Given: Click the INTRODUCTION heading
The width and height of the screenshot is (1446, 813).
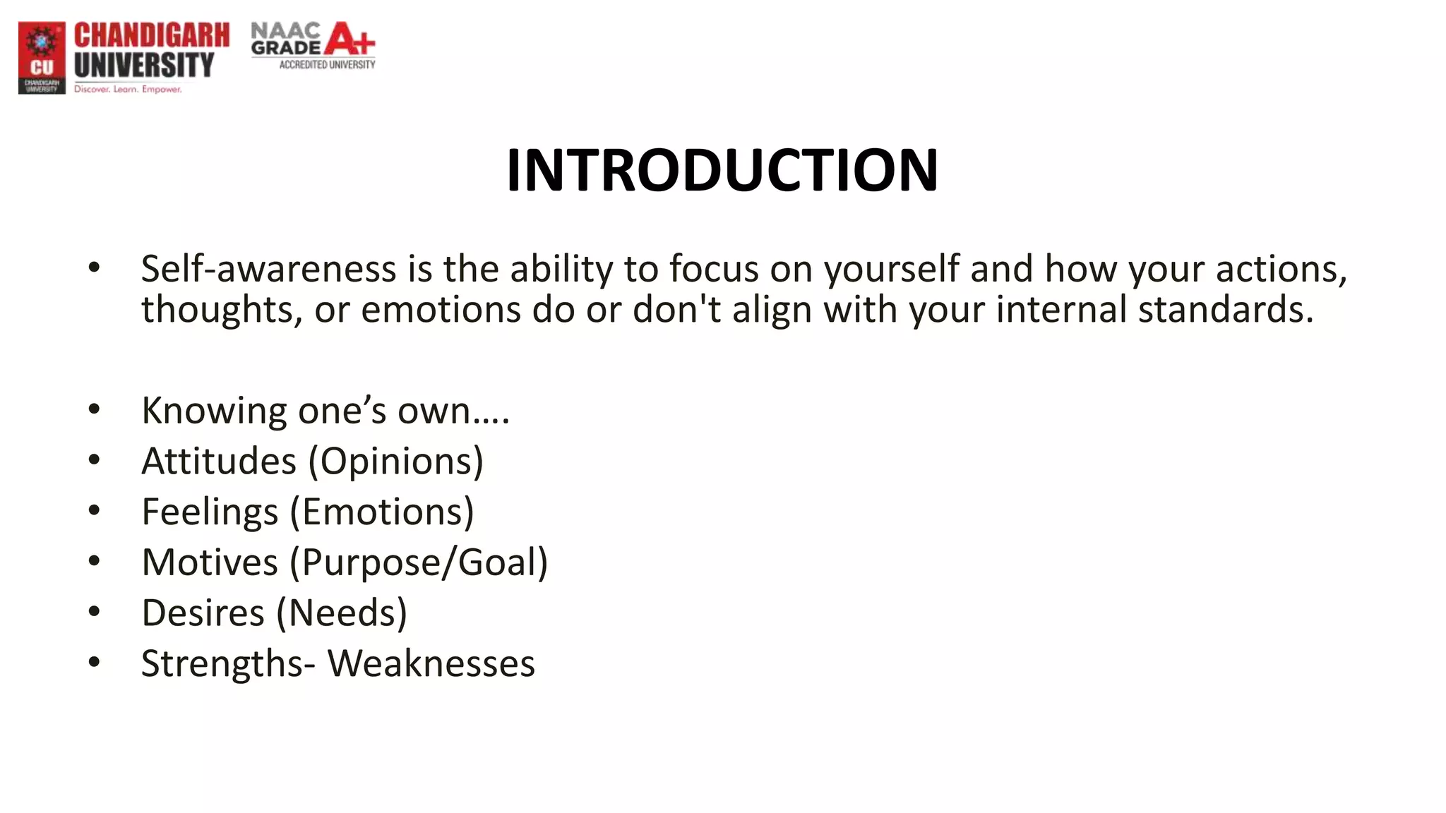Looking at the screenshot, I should click(722, 170).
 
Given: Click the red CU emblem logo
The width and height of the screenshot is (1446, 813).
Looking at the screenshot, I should click(42, 57).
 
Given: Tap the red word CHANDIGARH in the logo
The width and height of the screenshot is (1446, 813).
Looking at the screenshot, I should click(152, 35).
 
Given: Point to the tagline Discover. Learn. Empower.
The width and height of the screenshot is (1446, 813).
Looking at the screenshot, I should click(128, 90).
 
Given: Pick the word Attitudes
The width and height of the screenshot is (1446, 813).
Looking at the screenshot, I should click(219, 462).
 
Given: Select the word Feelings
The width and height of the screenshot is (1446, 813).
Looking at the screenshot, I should click(210, 512).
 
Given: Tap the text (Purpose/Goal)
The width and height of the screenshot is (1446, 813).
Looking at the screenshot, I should click(419, 562).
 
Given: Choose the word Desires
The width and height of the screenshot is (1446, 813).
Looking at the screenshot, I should click(203, 613).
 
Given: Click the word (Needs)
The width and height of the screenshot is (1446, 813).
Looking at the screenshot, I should click(342, 613).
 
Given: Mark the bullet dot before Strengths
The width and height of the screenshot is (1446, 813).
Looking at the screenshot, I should click(95, 663).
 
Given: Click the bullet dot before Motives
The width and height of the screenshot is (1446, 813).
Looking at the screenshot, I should click(95, 562).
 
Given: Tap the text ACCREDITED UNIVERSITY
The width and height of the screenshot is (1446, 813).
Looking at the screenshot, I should click(327, 65).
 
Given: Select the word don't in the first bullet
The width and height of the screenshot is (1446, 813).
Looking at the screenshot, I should click(676, 309).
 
